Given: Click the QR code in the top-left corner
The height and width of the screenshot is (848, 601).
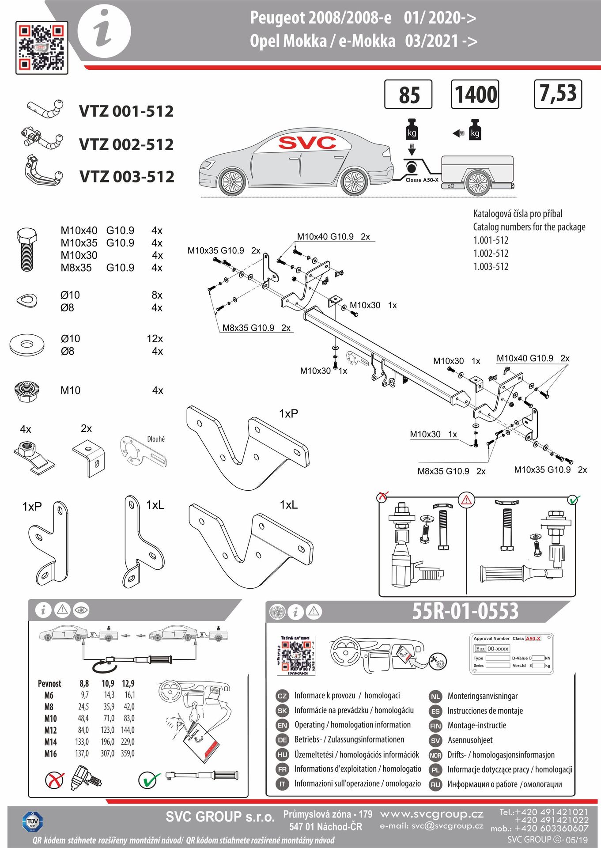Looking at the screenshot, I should click(42, 47).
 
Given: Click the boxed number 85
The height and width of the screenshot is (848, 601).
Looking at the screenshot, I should click(408, 95).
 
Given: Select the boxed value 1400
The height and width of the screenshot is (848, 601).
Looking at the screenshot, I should click(475, 95).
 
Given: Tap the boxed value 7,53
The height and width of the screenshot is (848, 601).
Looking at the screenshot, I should click(558, 94).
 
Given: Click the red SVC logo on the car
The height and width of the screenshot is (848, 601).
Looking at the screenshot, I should click(307, 143).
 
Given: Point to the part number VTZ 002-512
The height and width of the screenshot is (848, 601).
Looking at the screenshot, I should click(126, 144).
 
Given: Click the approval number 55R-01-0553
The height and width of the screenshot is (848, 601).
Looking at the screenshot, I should click(465, 611).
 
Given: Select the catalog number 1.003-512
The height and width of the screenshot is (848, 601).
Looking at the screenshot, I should click(491, 266).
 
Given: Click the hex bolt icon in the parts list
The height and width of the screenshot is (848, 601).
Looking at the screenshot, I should click(26, 249).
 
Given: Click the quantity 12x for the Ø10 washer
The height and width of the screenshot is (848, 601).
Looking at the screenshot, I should click(155, 339).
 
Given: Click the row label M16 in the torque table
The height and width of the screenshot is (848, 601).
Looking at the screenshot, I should click(50, 753).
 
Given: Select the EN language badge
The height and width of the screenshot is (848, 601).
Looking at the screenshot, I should click(282, 725).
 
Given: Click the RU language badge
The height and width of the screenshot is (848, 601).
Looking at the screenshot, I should click(435, 784).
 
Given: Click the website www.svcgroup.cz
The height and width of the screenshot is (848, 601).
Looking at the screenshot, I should click(431, 814).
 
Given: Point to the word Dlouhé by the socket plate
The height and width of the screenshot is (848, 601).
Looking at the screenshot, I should click(156, 439).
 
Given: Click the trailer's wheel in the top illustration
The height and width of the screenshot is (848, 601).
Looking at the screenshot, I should click(478, 182).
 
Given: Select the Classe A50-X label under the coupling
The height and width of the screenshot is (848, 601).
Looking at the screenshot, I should click(422, 180).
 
